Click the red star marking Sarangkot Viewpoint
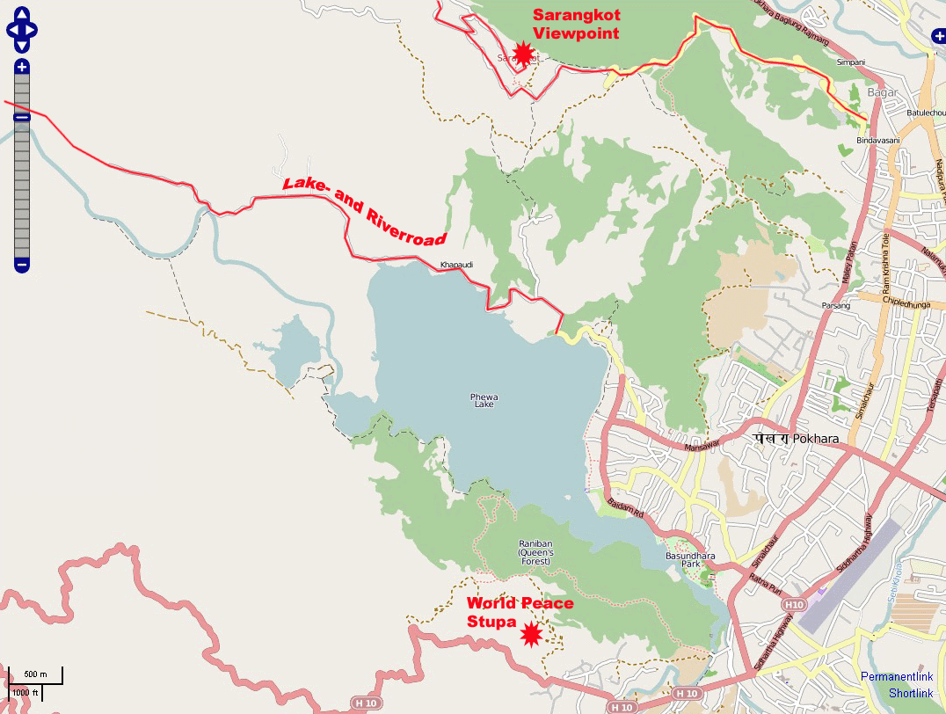pyautogui.click(x=523, y=55)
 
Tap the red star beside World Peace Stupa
pyautogui.click(x=531, y=634)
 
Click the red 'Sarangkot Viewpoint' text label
pyautogui.click(x=576, y=25)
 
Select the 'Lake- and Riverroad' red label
pyautogui.click(x=364, y=211)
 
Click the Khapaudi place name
pyautogui.click(x=456, y=264)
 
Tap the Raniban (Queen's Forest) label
pyautogui.click(x=534, y=551)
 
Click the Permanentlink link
pyautogui.click(x=897, y=677)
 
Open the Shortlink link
pyautogui.click(x=911, y=694)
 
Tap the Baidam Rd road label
pyautogui.click(x=625, y=507)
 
